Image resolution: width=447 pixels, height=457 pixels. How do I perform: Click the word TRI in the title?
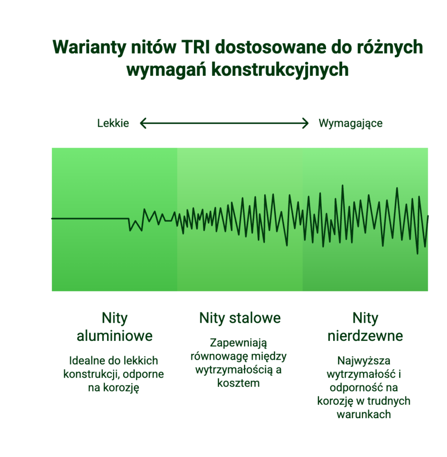point(196,47)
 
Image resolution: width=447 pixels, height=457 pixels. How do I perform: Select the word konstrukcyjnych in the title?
point(280,70)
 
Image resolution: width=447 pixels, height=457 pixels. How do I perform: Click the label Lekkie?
point(113,123)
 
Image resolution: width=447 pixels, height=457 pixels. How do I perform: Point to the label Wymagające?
point(351,124)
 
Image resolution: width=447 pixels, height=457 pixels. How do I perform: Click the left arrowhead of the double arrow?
point(143,123)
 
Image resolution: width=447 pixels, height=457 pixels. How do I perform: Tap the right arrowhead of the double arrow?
point(305,123)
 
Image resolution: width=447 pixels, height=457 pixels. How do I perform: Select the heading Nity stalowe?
point(240,318)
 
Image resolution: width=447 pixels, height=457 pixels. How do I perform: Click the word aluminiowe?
point(115,336)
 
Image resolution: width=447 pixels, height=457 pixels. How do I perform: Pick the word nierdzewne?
point(365,336)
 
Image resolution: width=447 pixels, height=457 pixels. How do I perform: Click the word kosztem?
point(238,383)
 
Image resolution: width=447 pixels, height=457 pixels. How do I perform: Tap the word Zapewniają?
point(238,343)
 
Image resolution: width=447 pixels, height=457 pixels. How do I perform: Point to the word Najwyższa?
point(364,361)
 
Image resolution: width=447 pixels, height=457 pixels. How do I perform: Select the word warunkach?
point(364,415)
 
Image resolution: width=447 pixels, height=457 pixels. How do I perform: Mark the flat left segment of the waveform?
point(90,218)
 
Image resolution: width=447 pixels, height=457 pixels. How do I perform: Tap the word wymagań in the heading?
point(166,70)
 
